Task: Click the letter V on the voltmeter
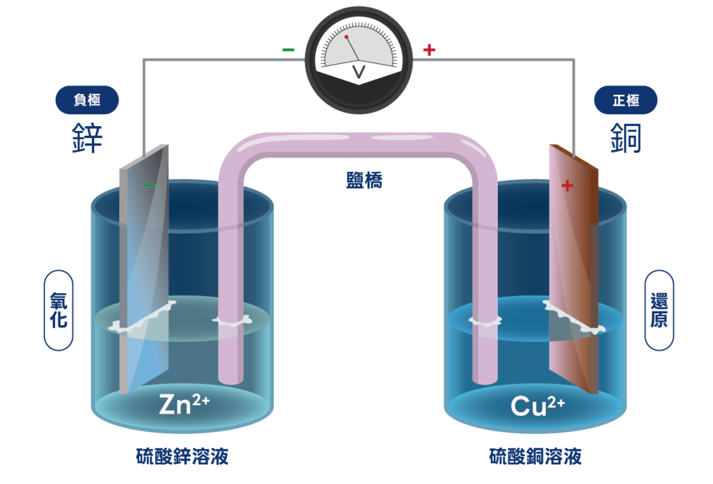(x=359, y=71)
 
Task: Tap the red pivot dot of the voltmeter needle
(x=346, y=37)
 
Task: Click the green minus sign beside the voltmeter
(x=288, y=50)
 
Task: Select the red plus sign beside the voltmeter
(x=429, y=49)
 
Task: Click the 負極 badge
(x=87, y=100)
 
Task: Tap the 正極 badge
(x=625, y=100)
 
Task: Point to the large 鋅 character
(x=88, y=139)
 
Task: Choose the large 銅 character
(x=626, y=139)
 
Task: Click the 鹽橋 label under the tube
(x=364, y=180)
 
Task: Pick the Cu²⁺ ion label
(x=537, y=405)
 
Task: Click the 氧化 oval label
(x=58, y=311)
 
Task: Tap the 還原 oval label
(x=659, y=311)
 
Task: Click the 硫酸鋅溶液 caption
(x=182, y=457)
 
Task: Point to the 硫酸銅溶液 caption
(x=535, y=457)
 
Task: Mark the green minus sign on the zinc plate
(x=149, y=185)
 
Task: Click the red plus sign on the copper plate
(x=567, y=185)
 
